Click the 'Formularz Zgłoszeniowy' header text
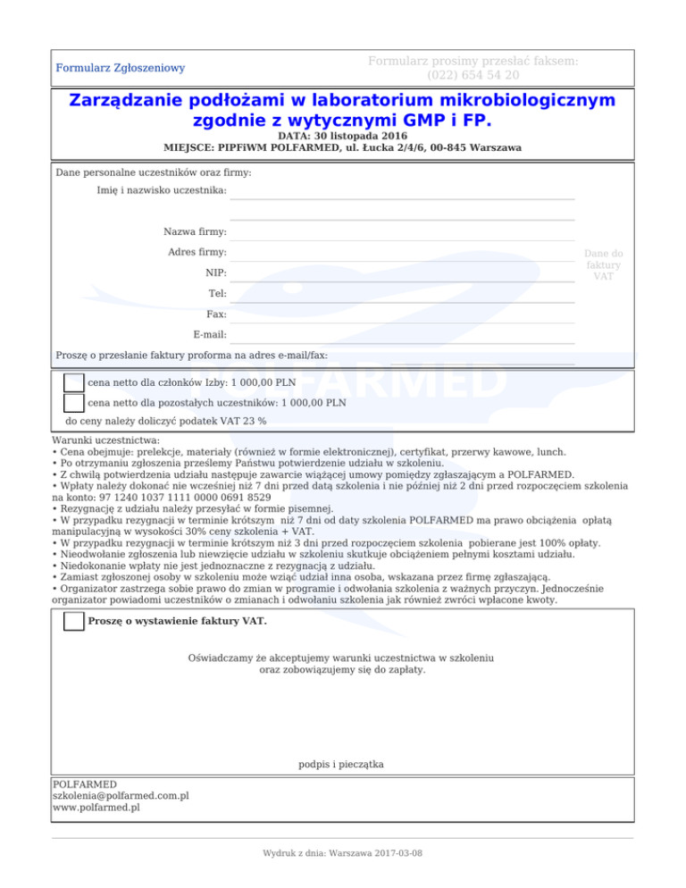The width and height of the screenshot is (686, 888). click(x=120, y=68)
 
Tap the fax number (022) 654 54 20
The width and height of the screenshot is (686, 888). click(x=473, y=75)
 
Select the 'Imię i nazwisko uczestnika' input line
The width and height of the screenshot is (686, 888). click(x=402, y=191)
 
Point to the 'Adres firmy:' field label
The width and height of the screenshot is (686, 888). click(x=197, y=253)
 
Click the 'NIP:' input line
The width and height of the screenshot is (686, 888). click(x=402, y=273)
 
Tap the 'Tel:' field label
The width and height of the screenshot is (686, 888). click(x=216, y=294)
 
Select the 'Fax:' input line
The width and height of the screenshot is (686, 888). click(x=402, y=314)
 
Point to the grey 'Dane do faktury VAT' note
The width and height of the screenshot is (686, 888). click(x=604, y=264)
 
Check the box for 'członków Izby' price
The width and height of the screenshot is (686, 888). click(x=74, y=382)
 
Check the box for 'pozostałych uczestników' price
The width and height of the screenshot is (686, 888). click(x=74, y=403)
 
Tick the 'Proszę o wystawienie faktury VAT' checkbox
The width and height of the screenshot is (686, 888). click(x=74, y=622)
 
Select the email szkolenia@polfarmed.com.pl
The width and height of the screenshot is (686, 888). click(x=121, y=795)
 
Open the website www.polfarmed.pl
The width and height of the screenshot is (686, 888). click(x=96, y=808)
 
